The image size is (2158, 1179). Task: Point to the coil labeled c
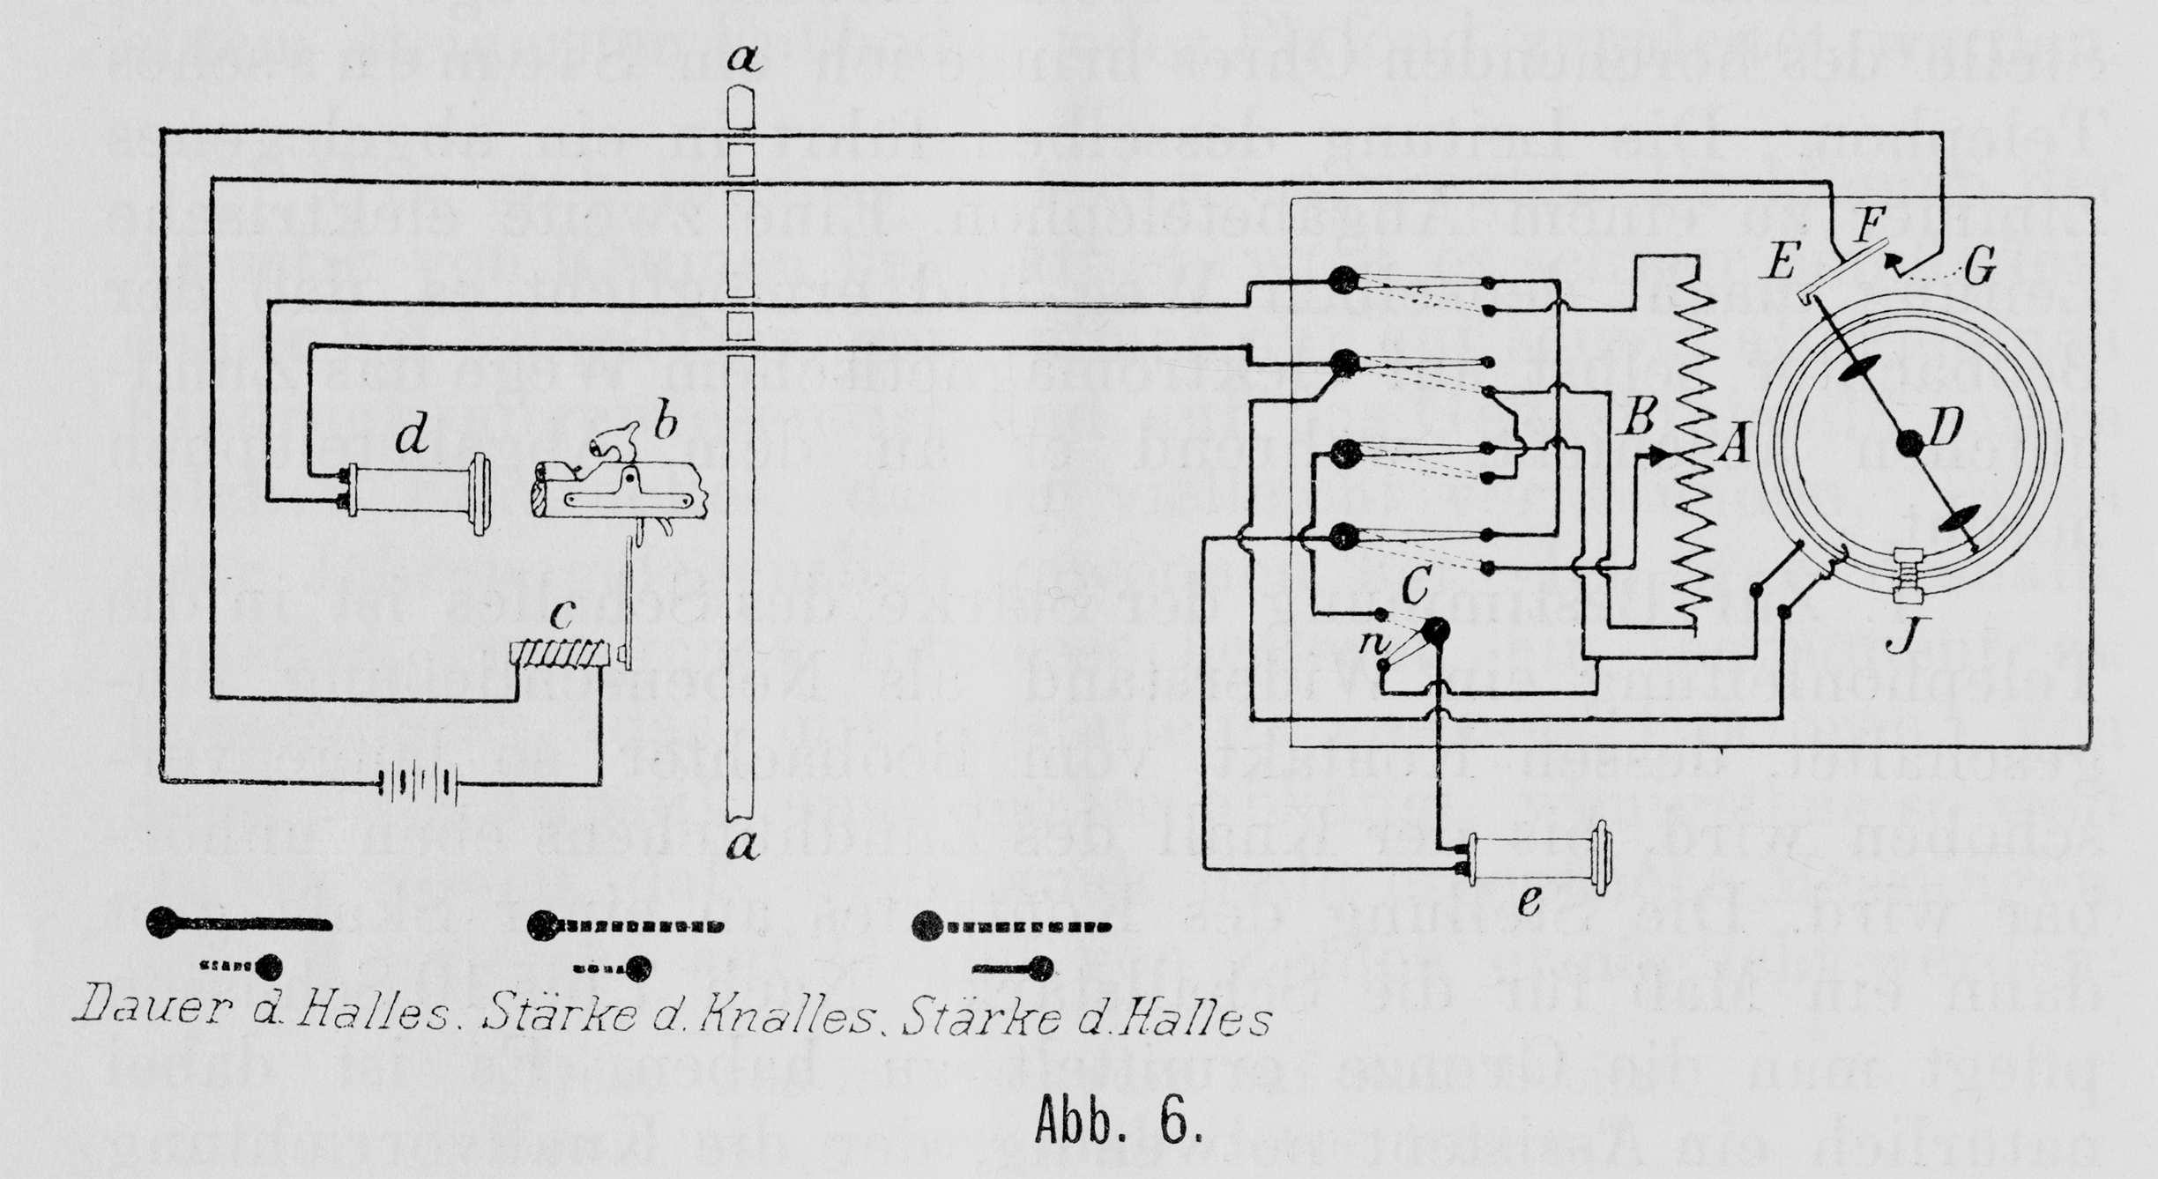coord(559,654)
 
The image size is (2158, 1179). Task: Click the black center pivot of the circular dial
coord(1909,442)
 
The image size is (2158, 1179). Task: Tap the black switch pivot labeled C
coord(1435,631)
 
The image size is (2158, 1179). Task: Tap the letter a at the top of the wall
coord(742,60)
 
